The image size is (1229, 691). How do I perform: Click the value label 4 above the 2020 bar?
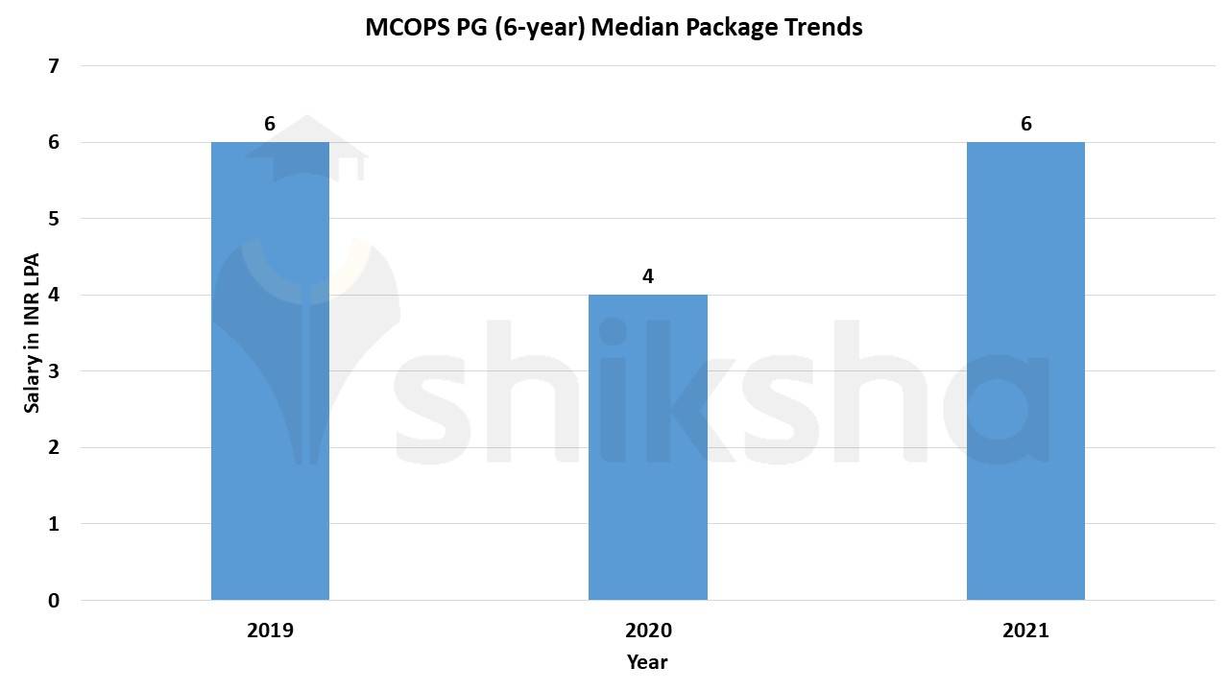point(648,276)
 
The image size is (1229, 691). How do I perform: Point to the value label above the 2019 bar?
point(270,124)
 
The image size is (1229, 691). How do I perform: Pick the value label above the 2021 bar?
point(1025,124)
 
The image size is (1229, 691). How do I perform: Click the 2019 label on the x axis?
point(270,631)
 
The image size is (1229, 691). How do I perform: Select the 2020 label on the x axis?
point(648,631)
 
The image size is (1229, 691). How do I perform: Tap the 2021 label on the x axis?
point(1025,631)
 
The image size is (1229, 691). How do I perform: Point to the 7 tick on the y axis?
point(54,66)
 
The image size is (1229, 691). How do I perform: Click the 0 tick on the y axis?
point(54,601)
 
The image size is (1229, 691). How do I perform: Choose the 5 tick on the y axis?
point(54,219)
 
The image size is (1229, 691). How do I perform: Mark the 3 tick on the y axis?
point(54,371)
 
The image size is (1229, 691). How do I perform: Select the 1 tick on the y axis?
point(54,524)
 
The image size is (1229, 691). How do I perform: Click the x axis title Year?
point(647,662)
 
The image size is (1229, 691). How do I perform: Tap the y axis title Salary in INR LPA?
point(33,332)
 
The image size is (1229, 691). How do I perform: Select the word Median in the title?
point(634,27)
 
